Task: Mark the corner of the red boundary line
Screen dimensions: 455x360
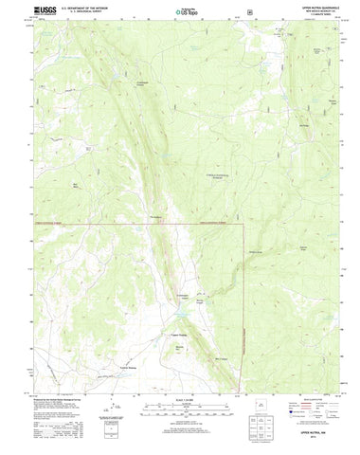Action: coord(243,225)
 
